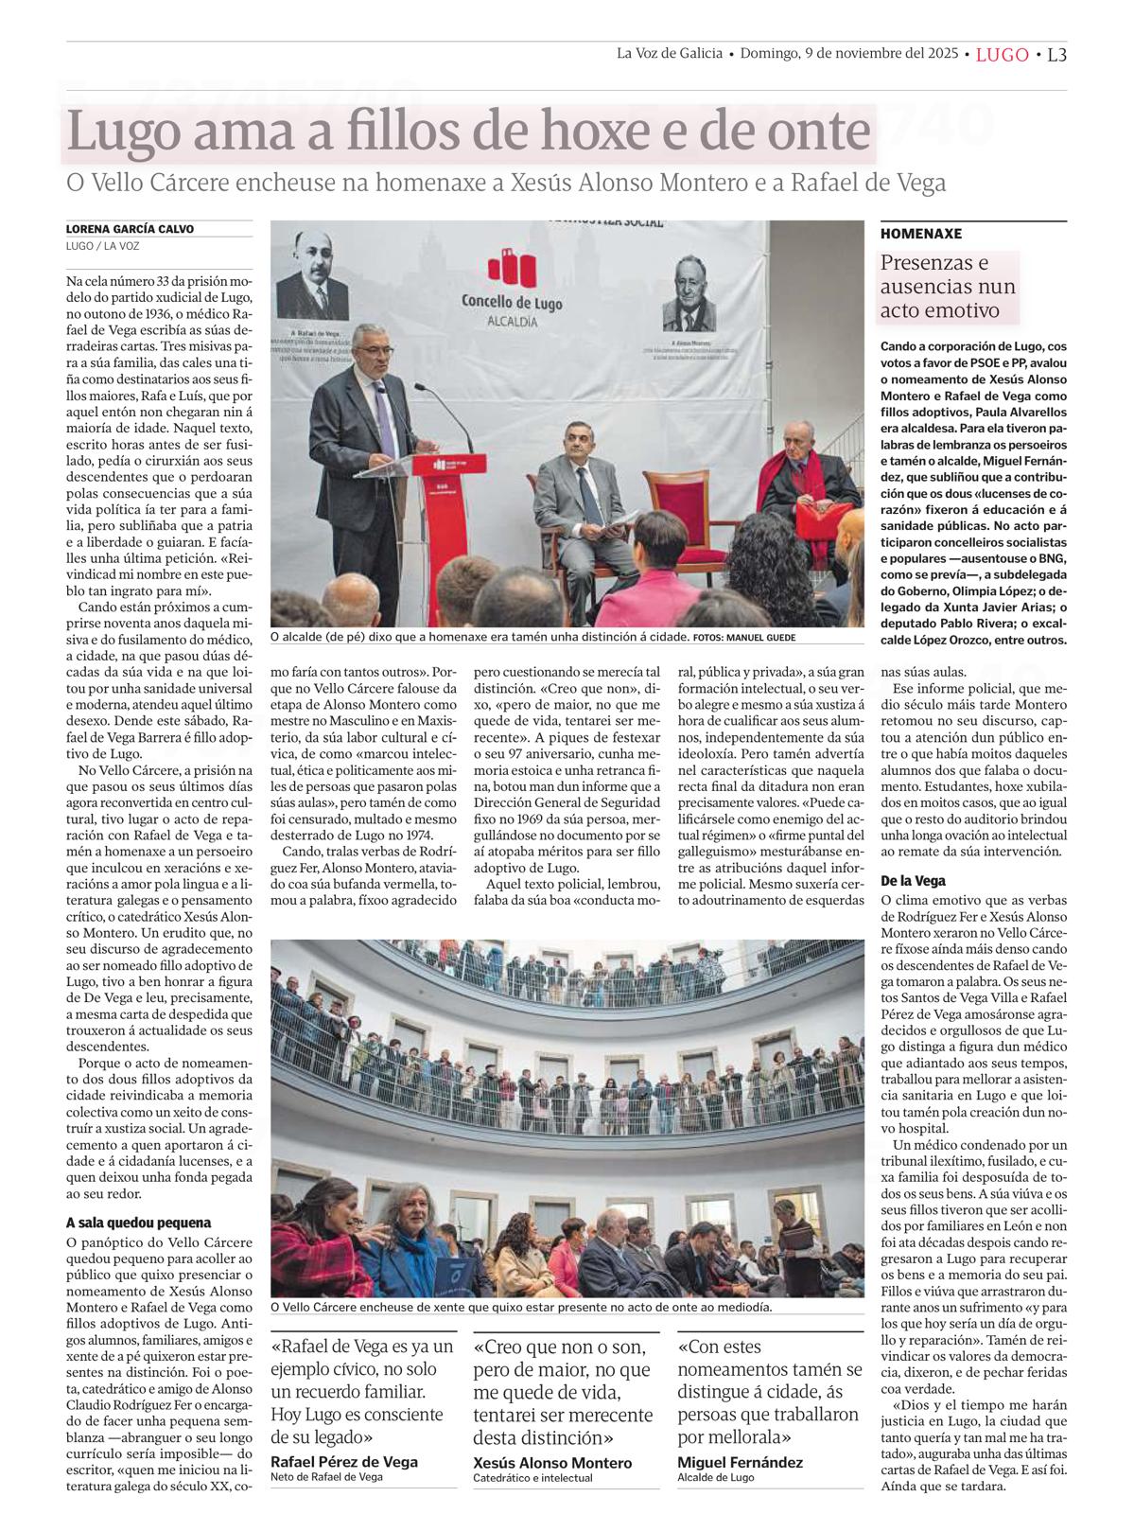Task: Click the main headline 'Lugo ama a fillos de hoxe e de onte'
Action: click(x=468, y=132)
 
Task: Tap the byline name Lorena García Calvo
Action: click(x=130, y=229)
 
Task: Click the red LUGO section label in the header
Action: click(x=1002, y=55)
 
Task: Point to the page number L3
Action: click(x=1056, y=55)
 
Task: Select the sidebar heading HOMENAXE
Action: click(x=920, y=233)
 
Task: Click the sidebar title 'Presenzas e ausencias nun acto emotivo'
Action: click(x=948, y=286)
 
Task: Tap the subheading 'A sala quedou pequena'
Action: click(x=138, y=1223)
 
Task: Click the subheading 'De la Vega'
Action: click(x=913, y=880)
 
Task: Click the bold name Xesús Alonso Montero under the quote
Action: click(x=551, y=1463)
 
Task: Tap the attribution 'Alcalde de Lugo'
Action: click(x=716, y=1477)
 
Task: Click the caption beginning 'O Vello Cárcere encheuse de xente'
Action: click(x=520, y=1307)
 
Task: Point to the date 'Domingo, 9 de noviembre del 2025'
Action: click(x=848, y=54)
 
